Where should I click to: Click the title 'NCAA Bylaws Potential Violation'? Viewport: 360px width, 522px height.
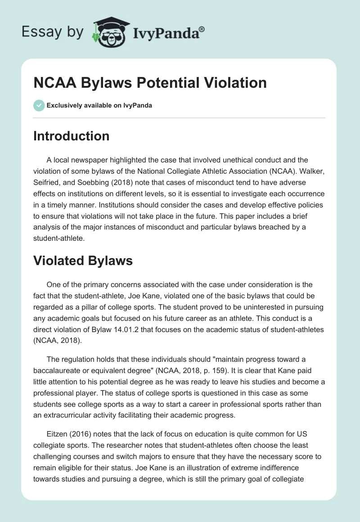pyautogui.click(x=150, y=83)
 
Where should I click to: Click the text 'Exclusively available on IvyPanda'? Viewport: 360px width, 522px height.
pyautogui.click(x=99, y=105)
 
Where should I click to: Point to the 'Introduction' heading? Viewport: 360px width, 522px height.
pyautogui.click(x=71, y=136)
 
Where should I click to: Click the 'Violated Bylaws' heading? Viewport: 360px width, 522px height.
pyautogui.click(x=83, y=261)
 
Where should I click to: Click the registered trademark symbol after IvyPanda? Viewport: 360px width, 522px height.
pyautogui.click(x=202, y=28)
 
